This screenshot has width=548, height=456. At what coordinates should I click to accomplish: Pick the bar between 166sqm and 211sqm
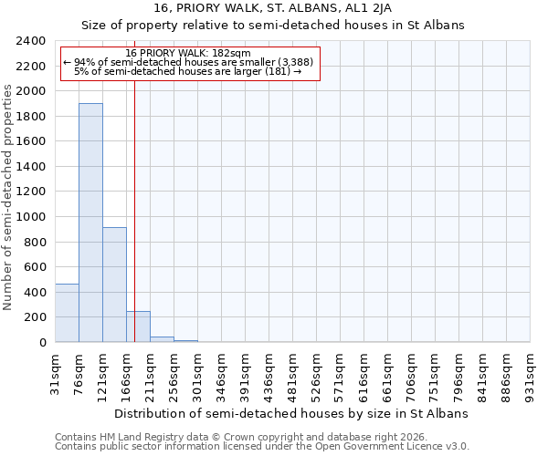tap(138, 326)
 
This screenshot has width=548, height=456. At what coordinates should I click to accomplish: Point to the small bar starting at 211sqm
tap(162, 339)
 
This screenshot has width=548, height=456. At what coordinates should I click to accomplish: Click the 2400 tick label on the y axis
tap(32, 41)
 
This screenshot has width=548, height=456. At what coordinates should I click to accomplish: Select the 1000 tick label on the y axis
tap(32, 217)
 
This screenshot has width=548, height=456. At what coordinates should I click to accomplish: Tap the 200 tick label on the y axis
tap(36, 317)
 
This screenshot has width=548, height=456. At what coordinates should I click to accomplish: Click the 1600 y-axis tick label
tap(32, 141)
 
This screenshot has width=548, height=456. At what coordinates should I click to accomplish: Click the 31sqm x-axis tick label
tap(56, 372)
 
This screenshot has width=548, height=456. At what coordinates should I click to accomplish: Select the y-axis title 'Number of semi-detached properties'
tap(8, 197)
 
